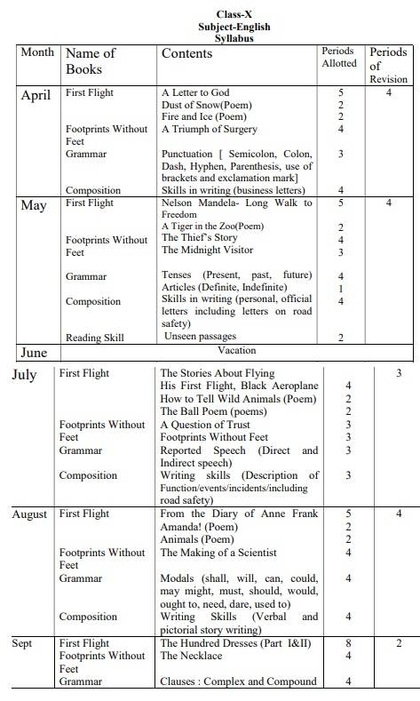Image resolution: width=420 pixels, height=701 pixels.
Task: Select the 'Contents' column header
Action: click(186, 53)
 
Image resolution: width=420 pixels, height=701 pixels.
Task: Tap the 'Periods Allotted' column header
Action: click(339, 57)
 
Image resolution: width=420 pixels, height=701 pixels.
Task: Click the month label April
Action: click(36, 96)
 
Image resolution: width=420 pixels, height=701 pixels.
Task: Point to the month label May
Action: click(34, 205)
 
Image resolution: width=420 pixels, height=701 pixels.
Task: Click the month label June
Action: click(34, 353)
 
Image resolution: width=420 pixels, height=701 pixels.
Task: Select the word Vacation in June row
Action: click(236, 351)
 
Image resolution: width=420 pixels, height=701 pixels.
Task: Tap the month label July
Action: click(25, 375)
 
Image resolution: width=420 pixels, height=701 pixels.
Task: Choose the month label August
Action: click(30, 514)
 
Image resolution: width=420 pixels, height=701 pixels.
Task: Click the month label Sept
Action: click(22, 643)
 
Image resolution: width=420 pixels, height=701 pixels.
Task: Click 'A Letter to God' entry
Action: click(195, 92)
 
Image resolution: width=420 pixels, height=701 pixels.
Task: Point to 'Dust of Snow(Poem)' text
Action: click(207, 105)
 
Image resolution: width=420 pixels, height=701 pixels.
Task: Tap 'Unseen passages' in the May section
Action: click(199, 337)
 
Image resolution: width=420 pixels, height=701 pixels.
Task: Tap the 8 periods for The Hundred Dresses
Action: click(348, 643)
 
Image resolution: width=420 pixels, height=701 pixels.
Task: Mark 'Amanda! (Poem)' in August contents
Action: click(201, 527)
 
